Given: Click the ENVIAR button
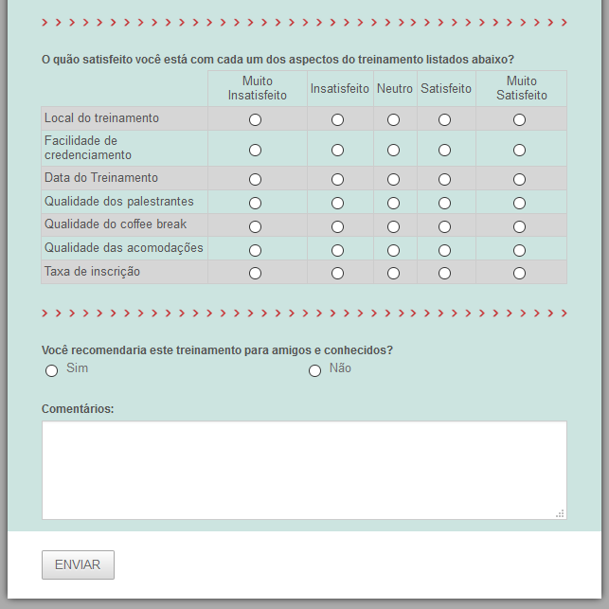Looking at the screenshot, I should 78,564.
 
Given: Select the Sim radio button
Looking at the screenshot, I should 52,370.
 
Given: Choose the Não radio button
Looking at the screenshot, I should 315,370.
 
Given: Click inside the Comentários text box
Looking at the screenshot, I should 303,470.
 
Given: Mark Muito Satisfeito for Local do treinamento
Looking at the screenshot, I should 519,119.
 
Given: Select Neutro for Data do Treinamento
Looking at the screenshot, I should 394,179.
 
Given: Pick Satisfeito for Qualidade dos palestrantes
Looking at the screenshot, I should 445,203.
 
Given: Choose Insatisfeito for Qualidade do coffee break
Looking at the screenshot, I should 338,226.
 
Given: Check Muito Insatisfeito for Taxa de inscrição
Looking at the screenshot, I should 255,273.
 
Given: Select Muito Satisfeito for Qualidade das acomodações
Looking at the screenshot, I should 519,250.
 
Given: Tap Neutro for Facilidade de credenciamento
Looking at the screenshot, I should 394,150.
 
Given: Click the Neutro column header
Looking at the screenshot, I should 395,89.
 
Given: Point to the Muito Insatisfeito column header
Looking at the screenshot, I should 258,89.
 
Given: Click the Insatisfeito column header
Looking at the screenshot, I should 340,89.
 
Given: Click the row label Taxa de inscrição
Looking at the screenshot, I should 92,272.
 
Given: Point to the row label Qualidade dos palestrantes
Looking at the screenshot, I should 118,202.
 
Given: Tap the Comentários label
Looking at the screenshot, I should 78,409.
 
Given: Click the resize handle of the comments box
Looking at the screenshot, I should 561,513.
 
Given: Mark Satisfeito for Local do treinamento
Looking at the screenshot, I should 445,119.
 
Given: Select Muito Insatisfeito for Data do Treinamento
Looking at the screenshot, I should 255,179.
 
